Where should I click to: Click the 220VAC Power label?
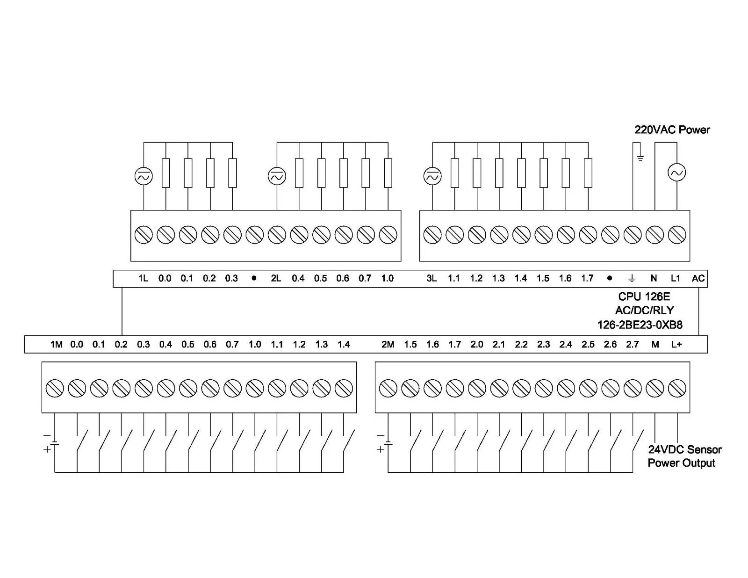coord(672,130)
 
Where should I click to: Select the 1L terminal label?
coord(143,278)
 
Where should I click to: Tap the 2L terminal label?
coord(276,278)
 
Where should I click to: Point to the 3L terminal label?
coord(432,278)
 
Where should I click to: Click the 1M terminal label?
coord(56,345)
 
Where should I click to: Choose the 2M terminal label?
coord(388,345)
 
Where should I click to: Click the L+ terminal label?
coord(676,345)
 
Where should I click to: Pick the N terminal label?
coord(654,278)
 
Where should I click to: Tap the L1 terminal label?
coord(676,278)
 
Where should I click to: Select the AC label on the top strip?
coord(698,278)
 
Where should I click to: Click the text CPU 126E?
coord(644,296)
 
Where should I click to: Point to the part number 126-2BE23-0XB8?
coord(640,325)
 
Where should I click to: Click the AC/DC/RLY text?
coord(644,310)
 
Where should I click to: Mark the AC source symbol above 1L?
coord(144,176)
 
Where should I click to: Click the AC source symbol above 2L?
coord(277,176)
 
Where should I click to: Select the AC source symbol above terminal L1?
coord(677,173)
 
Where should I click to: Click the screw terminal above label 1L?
coord(144,234)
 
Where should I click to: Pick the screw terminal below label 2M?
coord(388,388)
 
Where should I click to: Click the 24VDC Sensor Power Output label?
coord(684,456)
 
